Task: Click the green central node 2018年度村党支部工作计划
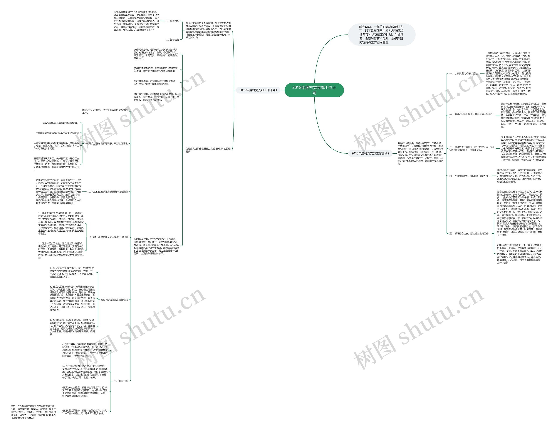click(x=314, y=90)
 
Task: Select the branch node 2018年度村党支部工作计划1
click(x=258, y=90)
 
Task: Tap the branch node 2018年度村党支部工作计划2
click(x=370, y=153)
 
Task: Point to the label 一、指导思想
click(x=172, y=21)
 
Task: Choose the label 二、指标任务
click(x=172, y=40)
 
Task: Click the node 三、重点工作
click(x=121, y=381)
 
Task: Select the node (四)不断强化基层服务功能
click(x=114, y=300)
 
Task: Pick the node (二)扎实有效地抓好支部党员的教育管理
click(x=108, y=192)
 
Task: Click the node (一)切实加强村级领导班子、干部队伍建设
click(x=106, y=144)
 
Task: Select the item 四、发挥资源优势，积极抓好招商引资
click(x=470, y=176)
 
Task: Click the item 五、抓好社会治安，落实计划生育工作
click(x=470, y=234)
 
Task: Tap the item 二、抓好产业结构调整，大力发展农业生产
click(x=471, y=114)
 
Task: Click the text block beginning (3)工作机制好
click(x=155, y=83)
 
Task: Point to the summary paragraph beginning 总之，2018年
click(x=33, y=412)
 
